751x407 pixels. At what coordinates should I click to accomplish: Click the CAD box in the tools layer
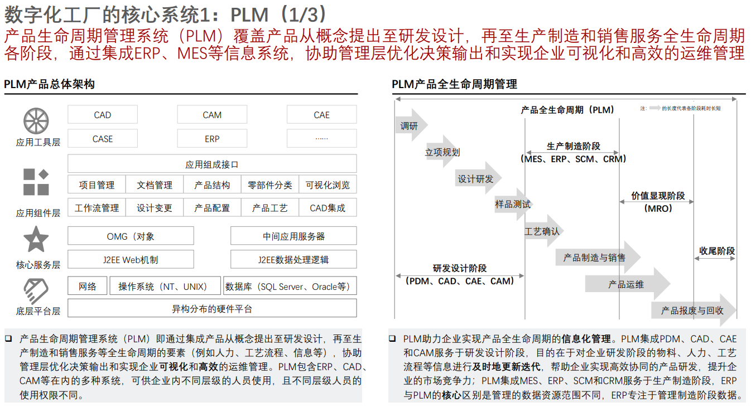(103, 115)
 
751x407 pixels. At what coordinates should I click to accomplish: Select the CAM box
(212, 115)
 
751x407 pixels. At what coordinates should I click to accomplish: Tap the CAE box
(321, 115)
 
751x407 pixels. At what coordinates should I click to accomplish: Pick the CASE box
(103, 139)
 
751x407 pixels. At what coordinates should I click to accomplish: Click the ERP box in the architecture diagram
(212, 139)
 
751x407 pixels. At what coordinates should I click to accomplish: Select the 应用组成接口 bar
(212, 164)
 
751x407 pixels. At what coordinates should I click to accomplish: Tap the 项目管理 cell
(97, 185)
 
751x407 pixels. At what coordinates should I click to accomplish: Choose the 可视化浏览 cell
(328, 185)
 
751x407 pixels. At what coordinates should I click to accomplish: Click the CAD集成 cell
(328, 208)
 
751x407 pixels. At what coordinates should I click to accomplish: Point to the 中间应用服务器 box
(293, 236)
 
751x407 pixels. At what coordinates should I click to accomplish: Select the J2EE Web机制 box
(131, 260)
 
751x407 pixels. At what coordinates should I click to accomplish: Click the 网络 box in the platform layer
(88, 287)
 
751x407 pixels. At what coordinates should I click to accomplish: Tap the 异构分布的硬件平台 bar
(212, 308)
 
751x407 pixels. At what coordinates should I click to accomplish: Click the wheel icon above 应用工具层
(36, 121)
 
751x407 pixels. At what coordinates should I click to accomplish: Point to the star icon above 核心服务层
(36, 240)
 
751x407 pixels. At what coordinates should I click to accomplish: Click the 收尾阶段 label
(717, 251)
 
